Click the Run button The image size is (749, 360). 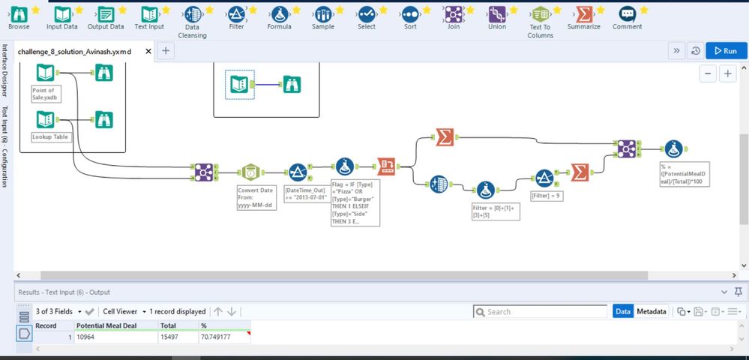(x=726, y=51)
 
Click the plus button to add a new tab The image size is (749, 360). (x=166, y=51)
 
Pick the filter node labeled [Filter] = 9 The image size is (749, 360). (x=543, y=178)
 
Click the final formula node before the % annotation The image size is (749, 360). (x=671, y=148)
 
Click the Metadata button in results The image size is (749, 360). (x=651, y=311)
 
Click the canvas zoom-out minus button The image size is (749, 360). (x=709, y=73)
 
